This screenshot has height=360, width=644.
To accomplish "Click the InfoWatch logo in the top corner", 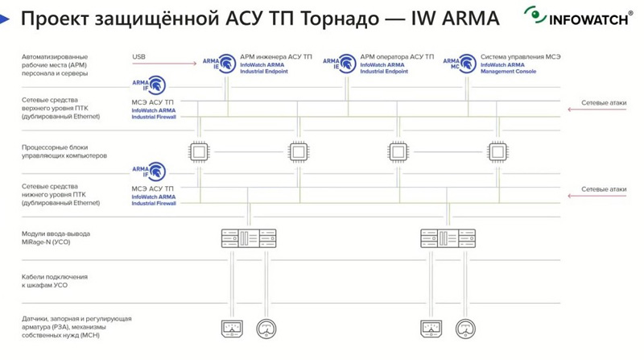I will pos(577,17).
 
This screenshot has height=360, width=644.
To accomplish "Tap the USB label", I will pos(139,56).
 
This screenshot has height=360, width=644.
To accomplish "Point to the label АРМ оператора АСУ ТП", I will pos(397,56).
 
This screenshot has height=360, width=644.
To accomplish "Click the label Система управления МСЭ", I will pos(520,56).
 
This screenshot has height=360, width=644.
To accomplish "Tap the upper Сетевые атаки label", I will pos(604,104).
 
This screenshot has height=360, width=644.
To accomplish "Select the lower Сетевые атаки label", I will pos(604,190).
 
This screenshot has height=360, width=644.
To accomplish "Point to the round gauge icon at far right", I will pos(464,329).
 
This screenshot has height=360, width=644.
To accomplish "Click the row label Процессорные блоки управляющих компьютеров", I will pos(64,151).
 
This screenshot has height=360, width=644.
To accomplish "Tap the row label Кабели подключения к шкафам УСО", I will pos(55,281).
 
